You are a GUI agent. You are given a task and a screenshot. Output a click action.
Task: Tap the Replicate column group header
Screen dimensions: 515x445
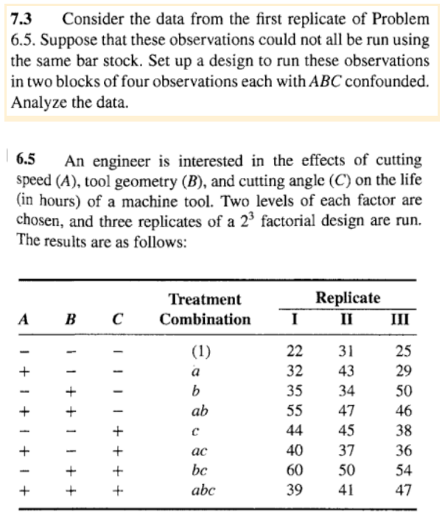[348, 298]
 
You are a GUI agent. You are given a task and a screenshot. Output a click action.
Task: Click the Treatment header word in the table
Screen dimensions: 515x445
[205, 299]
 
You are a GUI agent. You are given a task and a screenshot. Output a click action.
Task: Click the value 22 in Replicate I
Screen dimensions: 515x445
[294, 351]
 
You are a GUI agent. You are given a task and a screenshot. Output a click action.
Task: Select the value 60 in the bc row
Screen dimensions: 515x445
[294, 469]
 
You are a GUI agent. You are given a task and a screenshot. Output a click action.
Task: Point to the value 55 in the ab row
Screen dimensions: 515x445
[294, 410]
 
